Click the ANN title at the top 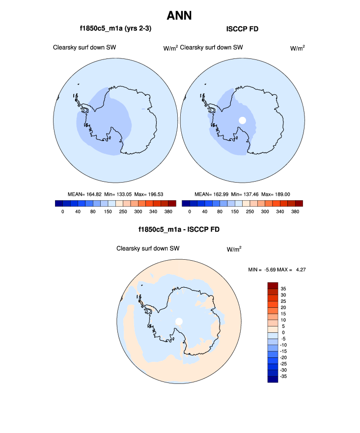click(179, 16)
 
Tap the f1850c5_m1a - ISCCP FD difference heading click(179, 229)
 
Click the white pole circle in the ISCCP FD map click(242, 120)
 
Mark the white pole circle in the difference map click(179, 322)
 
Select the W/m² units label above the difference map click(234, 249)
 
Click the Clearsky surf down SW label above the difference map click(148, 248)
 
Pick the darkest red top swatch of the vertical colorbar click(273, 286)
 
